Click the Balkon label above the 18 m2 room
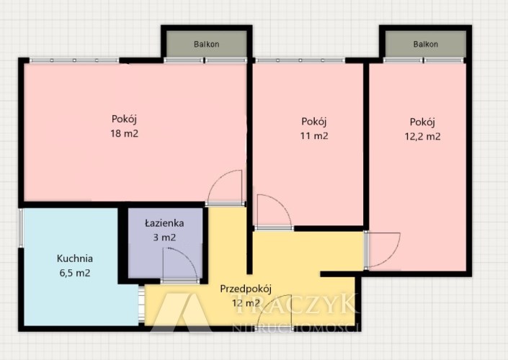(x=206, y=44)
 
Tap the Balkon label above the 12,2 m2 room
(x=425, y=44)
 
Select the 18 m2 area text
(x=125, y=133)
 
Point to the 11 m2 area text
(x=314, y=135)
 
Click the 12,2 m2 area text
(x=422, y=136)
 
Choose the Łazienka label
(x=164, y=222)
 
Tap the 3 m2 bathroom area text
(x=164, y=238)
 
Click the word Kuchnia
(x=75, y=258)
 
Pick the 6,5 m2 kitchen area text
(x=75, y=273)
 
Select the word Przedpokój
(x=246, y=289)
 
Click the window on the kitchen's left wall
(x=20, y=228)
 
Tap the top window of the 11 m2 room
(x=300, y=60)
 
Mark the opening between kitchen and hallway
(x=141, y=304)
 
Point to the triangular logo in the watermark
(x=182, y=312)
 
